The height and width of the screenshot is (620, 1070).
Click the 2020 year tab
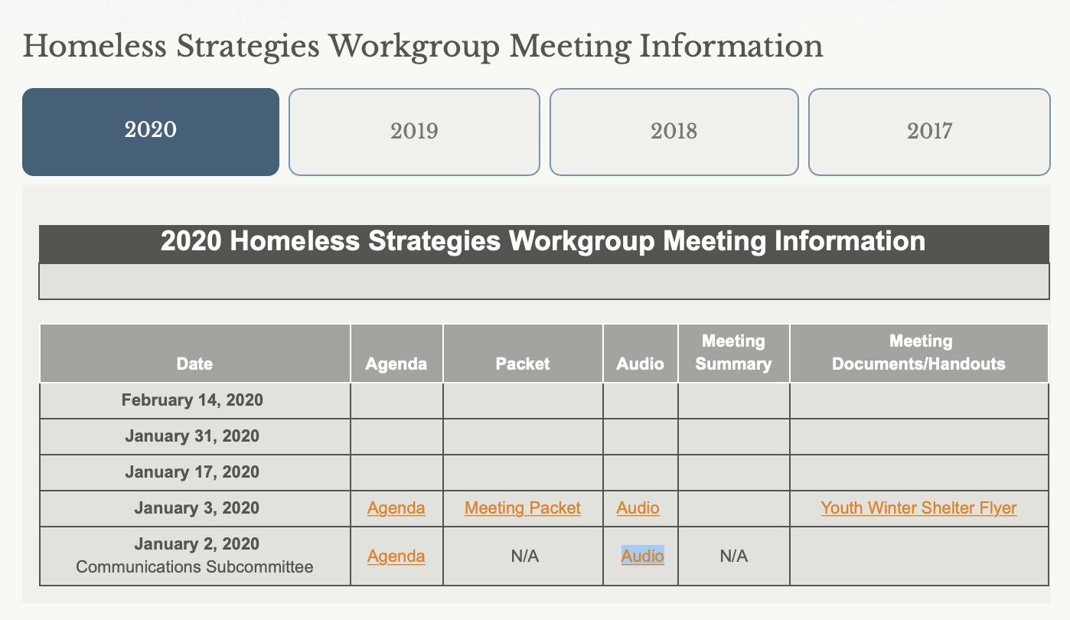click(x=151, y=132)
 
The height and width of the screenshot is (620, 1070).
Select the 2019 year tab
click(x=414, y=132)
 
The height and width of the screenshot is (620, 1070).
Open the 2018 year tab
click(x=674, y=132)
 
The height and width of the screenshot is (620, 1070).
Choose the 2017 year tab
click(x=929, y=132)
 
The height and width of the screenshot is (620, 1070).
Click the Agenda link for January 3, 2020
click(x=396, y=507)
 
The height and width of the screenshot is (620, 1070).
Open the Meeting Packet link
click(x=523, y=507)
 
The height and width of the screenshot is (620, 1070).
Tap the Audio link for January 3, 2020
click(x=638, y=507)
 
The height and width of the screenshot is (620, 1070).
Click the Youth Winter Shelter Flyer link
click(x=918, y=507)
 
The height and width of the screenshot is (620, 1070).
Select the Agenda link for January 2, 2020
click(x=396, y=556)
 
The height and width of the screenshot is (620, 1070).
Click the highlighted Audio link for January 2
click(x=642, y=556)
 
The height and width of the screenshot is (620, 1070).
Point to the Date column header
click(x=194, y=364)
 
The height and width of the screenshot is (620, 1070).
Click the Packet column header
click(x=523, y=364)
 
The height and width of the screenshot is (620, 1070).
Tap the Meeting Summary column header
click(x=733, y=353)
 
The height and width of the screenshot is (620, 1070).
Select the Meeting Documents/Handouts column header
click(x=918, y=353)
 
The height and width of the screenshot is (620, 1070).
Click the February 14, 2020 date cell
click(x=192, y=400)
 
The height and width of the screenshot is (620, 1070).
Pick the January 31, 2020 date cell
click(x=192, y=436)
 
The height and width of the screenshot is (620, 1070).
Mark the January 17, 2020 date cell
click(x=192, y=472)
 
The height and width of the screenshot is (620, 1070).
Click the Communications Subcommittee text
click(x=194, y=567)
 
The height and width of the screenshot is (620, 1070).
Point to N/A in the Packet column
click(x=525, y=556)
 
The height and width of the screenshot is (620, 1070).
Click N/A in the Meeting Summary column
click(x=734, y=556)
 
